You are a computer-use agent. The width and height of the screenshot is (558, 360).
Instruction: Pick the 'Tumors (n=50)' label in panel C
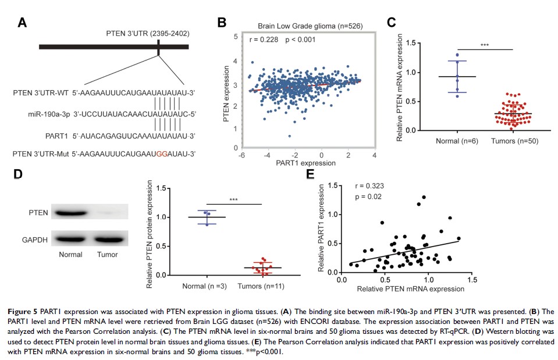(x=512, y=140)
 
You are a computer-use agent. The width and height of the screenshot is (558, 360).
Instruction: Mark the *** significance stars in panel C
(x=485, y=45)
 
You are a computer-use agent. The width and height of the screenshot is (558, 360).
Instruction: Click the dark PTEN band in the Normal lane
(x=71, y=213)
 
